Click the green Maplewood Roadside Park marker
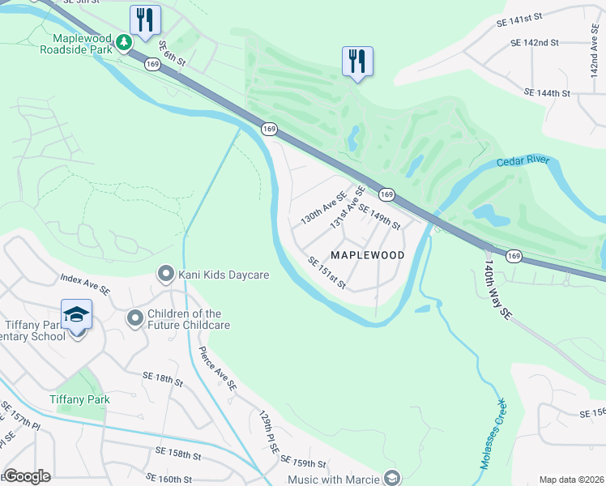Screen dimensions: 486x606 pos(123,42)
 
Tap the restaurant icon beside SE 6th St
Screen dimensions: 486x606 pos(145,20)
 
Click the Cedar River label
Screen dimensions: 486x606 pos(523,160)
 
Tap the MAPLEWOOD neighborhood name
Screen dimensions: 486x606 pos(368,255)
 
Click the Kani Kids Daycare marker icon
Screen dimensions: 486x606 pos(166,275)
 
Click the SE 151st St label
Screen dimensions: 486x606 pos(327,273)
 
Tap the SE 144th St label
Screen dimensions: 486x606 pos(548,93)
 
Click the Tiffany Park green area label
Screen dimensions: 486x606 pos(79,399)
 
